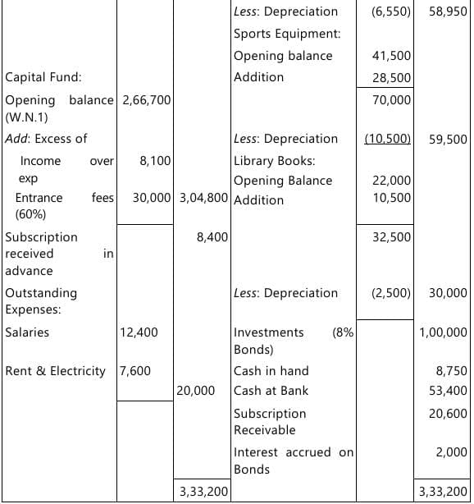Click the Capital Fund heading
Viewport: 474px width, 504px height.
pos(43,77)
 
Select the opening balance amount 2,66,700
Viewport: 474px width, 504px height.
pos(146,100)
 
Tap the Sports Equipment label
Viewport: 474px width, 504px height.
pos(287,34)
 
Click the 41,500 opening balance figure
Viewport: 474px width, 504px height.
pos(391,56)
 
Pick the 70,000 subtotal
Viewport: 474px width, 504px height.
pos(391,100)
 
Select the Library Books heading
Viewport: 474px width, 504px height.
pos(274,161)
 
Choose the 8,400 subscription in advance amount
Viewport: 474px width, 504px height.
pos(212,237)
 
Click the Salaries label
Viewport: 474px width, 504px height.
pos(27,332)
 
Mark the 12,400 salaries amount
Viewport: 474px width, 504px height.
pos(139,332)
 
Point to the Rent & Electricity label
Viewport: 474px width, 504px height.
pos(56,371)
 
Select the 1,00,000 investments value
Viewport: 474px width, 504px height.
pos(443,332)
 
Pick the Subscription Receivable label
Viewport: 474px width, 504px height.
pos(270,421)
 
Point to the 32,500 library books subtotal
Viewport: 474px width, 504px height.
pos(391,237)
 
